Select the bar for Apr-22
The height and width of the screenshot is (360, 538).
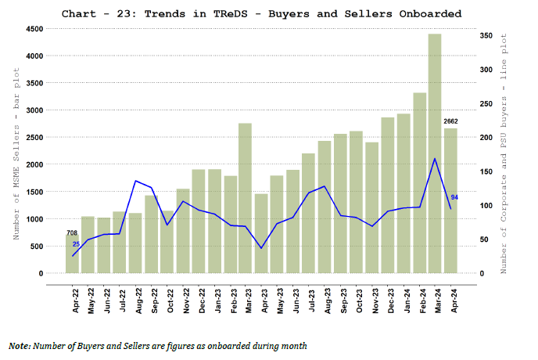[x=72, y=254]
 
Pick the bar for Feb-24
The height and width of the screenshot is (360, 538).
[x=419, y=183]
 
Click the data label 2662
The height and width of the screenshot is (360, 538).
[x=450, y=121]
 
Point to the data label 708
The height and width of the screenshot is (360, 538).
[x=72, y=232]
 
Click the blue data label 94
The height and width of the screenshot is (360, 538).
[x=455, y=197]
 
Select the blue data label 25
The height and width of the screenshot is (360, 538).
[x=77, y=245]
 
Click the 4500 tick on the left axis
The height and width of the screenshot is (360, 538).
[x=33, y=29]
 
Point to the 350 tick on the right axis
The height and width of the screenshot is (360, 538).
[x=486, y=35]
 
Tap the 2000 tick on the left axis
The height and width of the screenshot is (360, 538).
[x=33, y=165]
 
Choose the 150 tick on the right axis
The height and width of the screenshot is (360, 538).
[x=486, y=171]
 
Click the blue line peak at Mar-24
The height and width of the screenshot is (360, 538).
[x=435, y=159]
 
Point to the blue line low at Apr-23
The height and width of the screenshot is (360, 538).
[x=261, y=248]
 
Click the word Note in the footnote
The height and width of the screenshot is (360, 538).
[x=20, y=345]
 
